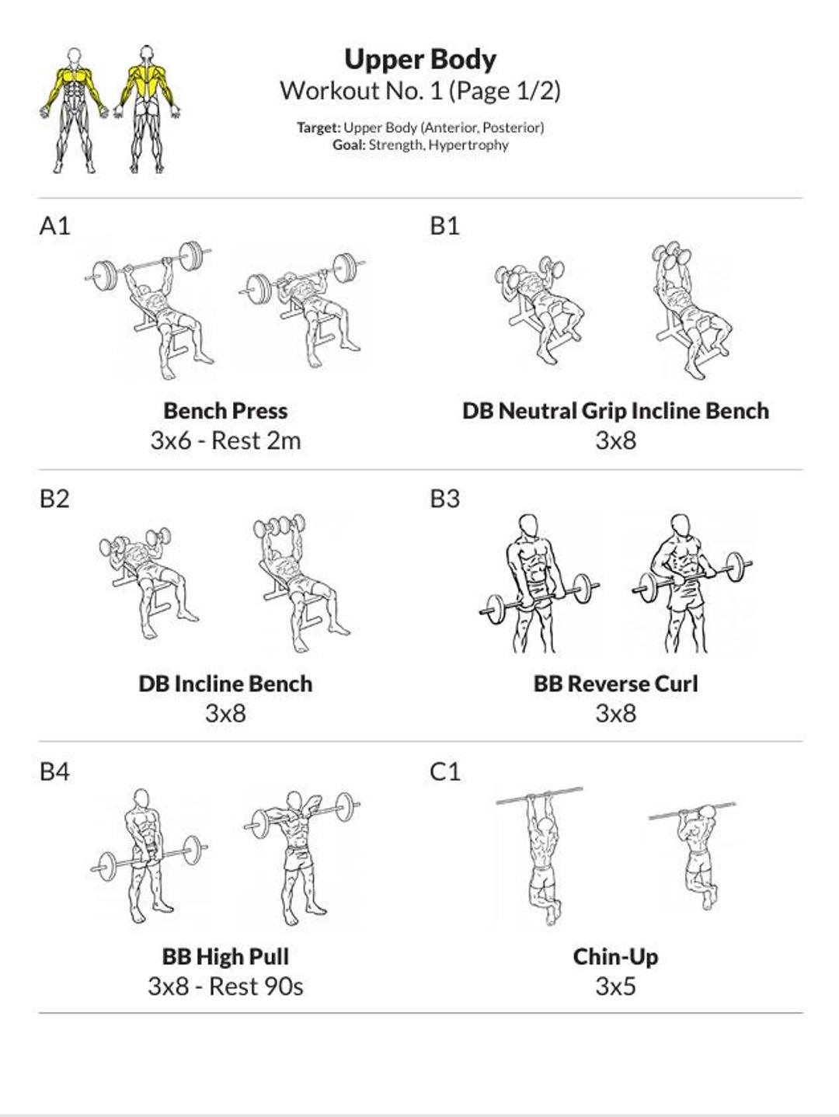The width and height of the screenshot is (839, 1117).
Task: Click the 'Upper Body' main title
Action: pos(419,59)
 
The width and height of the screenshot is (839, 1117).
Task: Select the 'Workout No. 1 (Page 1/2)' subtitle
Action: pos(419,91)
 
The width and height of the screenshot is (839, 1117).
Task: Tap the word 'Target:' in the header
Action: pos(319,127)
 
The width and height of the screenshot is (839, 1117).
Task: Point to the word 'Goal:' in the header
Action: pos(349,145)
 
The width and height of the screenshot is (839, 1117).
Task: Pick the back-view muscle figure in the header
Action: pos(147,109)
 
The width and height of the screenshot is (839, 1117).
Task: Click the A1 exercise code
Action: pos(54,226)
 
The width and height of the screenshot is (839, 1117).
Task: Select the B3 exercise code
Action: pos(444,499)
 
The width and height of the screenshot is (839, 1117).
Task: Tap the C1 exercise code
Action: pos(444,771)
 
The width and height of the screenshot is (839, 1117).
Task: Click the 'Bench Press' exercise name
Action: pos(225,411)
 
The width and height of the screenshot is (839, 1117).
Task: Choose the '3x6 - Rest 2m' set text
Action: pos(225,440)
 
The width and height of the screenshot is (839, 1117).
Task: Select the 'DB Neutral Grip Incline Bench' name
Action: pos(615,411)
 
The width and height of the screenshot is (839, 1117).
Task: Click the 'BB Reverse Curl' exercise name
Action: pos(615,684)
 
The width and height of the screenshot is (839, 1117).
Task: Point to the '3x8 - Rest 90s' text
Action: pos(225,986)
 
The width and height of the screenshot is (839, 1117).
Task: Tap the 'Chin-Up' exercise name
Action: pos(615,956)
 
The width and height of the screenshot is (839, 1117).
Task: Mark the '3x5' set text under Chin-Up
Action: pos(615,986)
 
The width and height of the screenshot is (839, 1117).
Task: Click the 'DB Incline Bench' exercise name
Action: pos(225,684)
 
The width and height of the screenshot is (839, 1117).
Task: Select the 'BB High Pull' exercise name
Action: pos(225,956)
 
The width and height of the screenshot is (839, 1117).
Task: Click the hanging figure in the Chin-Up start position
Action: pos(541,854)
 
